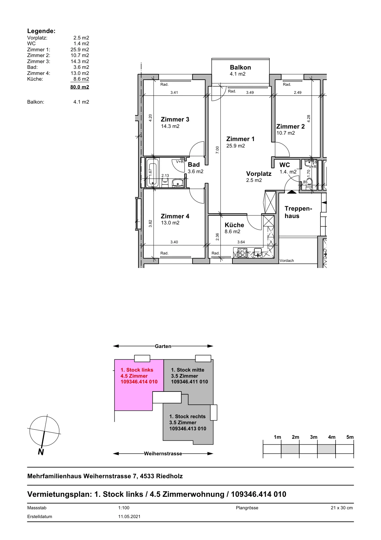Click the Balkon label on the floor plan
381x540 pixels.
coord(240,67)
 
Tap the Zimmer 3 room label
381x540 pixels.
coord(175,119)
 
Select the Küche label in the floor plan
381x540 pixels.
coord(234,225)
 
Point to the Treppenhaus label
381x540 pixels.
coord(298,212)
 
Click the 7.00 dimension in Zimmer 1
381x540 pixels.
coord(217,150)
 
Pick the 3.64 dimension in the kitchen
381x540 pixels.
coord(241,242)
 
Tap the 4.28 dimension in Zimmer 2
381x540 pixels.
coord(309,118)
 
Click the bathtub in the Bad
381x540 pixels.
coord(153,172)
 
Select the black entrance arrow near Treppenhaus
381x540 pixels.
coord(292,192)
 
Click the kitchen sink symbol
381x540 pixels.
coord(258,252)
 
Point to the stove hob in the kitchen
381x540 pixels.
coord(242,253)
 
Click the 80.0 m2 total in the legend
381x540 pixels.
coord(80,87)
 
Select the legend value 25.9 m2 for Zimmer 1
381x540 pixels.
coord(80,50)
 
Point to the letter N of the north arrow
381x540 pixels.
coord(41,452)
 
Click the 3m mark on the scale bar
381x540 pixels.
coord(313,437)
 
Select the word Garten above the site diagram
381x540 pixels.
coord(163,346)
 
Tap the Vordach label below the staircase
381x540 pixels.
coord(287,261)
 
